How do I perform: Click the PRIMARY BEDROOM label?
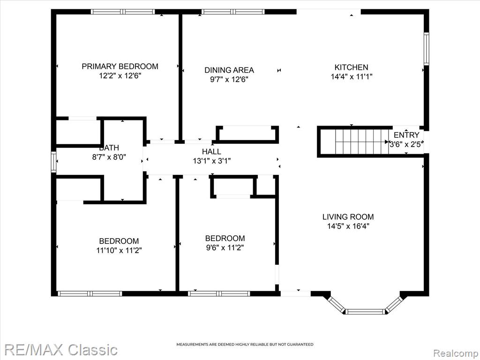pos(120,67)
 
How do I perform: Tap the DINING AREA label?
pos(229,70)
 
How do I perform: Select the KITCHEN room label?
pos(351,67)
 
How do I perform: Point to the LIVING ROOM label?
pos(348,217)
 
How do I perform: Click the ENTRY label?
pos(406,135)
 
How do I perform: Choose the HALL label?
pos(211,151)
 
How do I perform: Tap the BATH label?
pos(109,148)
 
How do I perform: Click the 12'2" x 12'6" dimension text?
pos(120,76)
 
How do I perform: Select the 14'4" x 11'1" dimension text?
pos(351,76)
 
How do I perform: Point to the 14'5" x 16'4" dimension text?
pos(348,226)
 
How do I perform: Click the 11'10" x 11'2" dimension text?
pos(119,251)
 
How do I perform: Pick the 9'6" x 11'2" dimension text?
pos(225,247)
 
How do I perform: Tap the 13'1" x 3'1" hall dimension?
pos(211,161)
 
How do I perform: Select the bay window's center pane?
pos(365,312)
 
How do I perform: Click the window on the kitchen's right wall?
pos(426,48)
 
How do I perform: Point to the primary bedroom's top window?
pos(123,12)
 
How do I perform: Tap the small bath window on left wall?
pos(53,162)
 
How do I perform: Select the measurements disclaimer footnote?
pos(245,345)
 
